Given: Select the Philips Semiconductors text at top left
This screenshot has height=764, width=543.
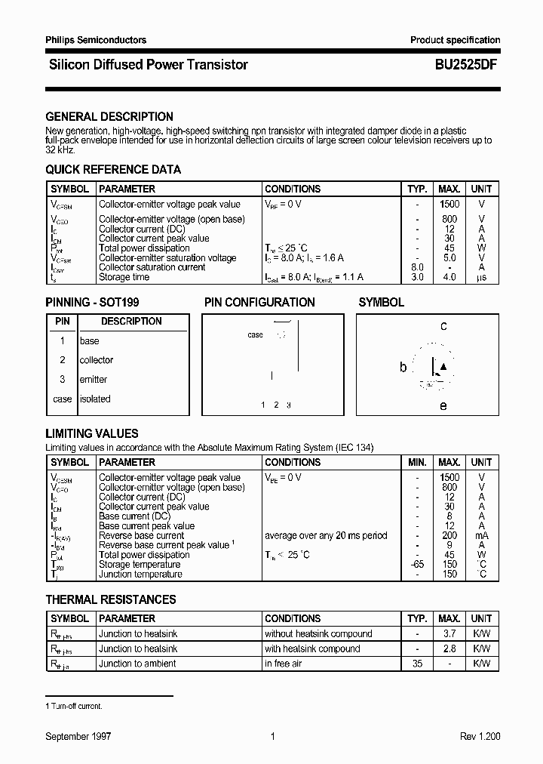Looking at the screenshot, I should pos(96,40).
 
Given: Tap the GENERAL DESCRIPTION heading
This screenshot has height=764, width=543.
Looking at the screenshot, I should pos(109,117).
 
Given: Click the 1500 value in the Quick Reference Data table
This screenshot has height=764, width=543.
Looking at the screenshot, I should pos(449,205).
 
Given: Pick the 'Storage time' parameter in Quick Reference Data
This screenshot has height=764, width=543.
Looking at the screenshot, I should pos(124,277).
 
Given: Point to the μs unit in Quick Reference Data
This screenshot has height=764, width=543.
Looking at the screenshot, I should pos(481,277).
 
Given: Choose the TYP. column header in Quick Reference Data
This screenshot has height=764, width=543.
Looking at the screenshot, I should pos(417,189).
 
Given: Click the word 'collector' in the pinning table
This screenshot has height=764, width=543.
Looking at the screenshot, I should pos(97,360).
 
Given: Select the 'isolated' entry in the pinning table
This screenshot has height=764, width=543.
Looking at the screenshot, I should pos(95,399).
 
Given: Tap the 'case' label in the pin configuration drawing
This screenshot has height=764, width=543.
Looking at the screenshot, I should pos(255,334).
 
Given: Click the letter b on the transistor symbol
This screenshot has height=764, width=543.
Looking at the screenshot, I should pos(403,368).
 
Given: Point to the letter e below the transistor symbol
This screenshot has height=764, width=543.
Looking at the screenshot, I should pos(443,406).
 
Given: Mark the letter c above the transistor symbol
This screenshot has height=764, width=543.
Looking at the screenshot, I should pos(443,326).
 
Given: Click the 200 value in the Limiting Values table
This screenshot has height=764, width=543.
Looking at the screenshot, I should pos(449,535).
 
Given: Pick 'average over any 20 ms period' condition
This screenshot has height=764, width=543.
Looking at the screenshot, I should pos(326,535).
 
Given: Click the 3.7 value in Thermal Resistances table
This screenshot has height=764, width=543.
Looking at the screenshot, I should pos(449,634).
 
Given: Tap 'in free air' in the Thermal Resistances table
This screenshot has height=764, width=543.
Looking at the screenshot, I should pos(283,664).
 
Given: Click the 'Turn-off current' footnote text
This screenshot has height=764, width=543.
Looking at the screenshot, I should pos(76,706).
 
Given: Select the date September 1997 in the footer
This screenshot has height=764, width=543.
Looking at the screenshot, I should pos(78,736).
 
